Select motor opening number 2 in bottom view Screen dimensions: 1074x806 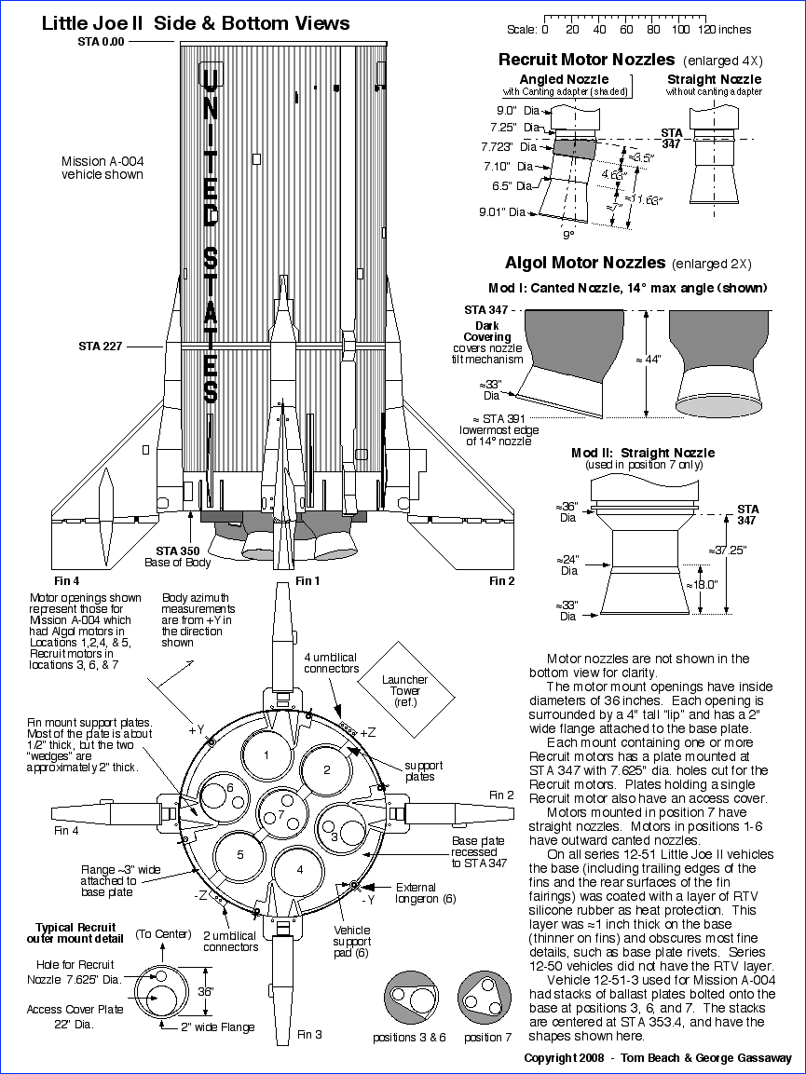tap(327, 770)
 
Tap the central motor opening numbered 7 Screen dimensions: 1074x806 tap(280, 814)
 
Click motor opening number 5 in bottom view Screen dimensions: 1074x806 tap(239, 854)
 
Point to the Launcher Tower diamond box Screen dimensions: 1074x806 tap(404, 685)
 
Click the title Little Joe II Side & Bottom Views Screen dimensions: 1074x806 tap(196, 23)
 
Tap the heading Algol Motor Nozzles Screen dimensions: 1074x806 tap(584, 263)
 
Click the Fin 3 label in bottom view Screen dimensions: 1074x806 tap(310, 1034)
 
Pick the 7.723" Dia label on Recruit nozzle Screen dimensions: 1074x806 tap(511, 147)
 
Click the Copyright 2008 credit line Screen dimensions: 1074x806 tap(657, 1058)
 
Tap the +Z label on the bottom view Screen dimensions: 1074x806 tap(369, 731)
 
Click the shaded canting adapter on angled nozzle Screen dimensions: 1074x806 tap(573, 145)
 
